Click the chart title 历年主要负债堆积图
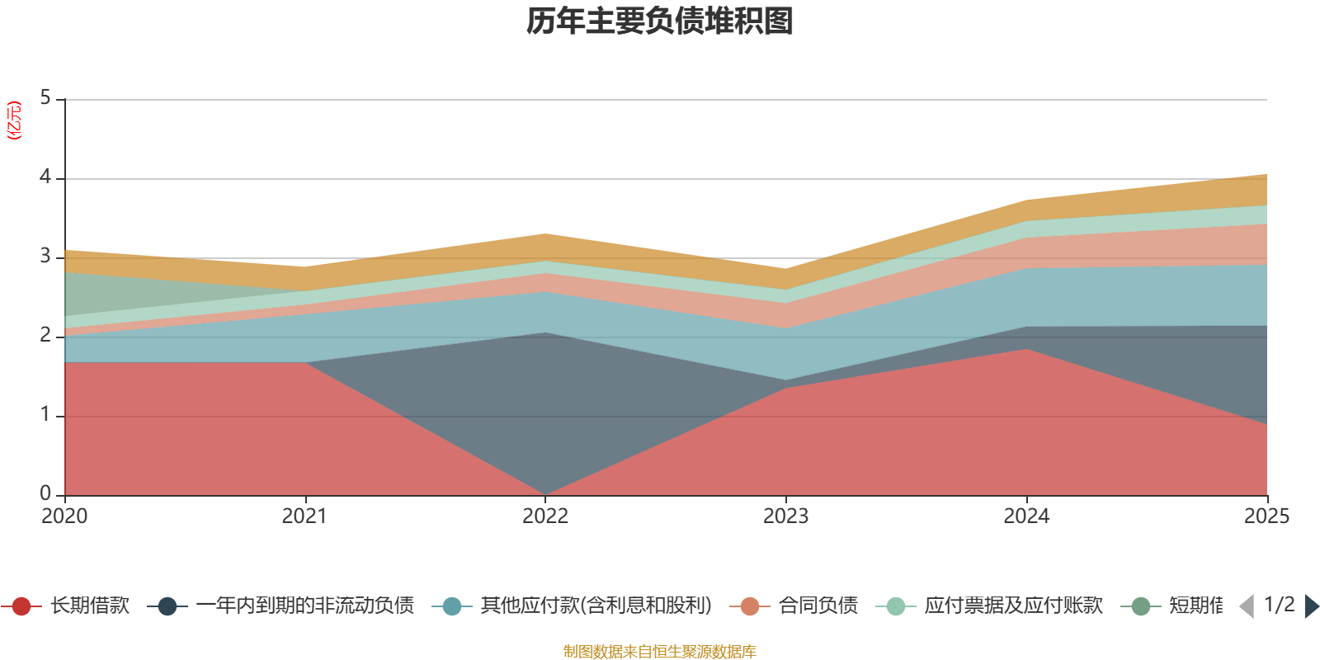(x=660, y=21)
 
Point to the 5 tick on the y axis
(x=45, y=98)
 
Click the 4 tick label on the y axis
(x=45, y=177)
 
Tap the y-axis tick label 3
(x=45, y=257)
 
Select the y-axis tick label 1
(x=45, y=415)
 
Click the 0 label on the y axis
(x=45, y=493)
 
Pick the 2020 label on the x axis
(x=64, y=516)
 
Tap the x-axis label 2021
(x=304, y=516)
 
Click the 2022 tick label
(x=545, y=516)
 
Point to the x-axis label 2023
(x=785, y=516)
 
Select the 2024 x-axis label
(x=1026, y=516)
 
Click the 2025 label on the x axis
(x=1266, y=516)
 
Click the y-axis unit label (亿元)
(x=14, y=120)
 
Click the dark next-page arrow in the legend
(x=1312, y=606)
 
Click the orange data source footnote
(x=660, y=652)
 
